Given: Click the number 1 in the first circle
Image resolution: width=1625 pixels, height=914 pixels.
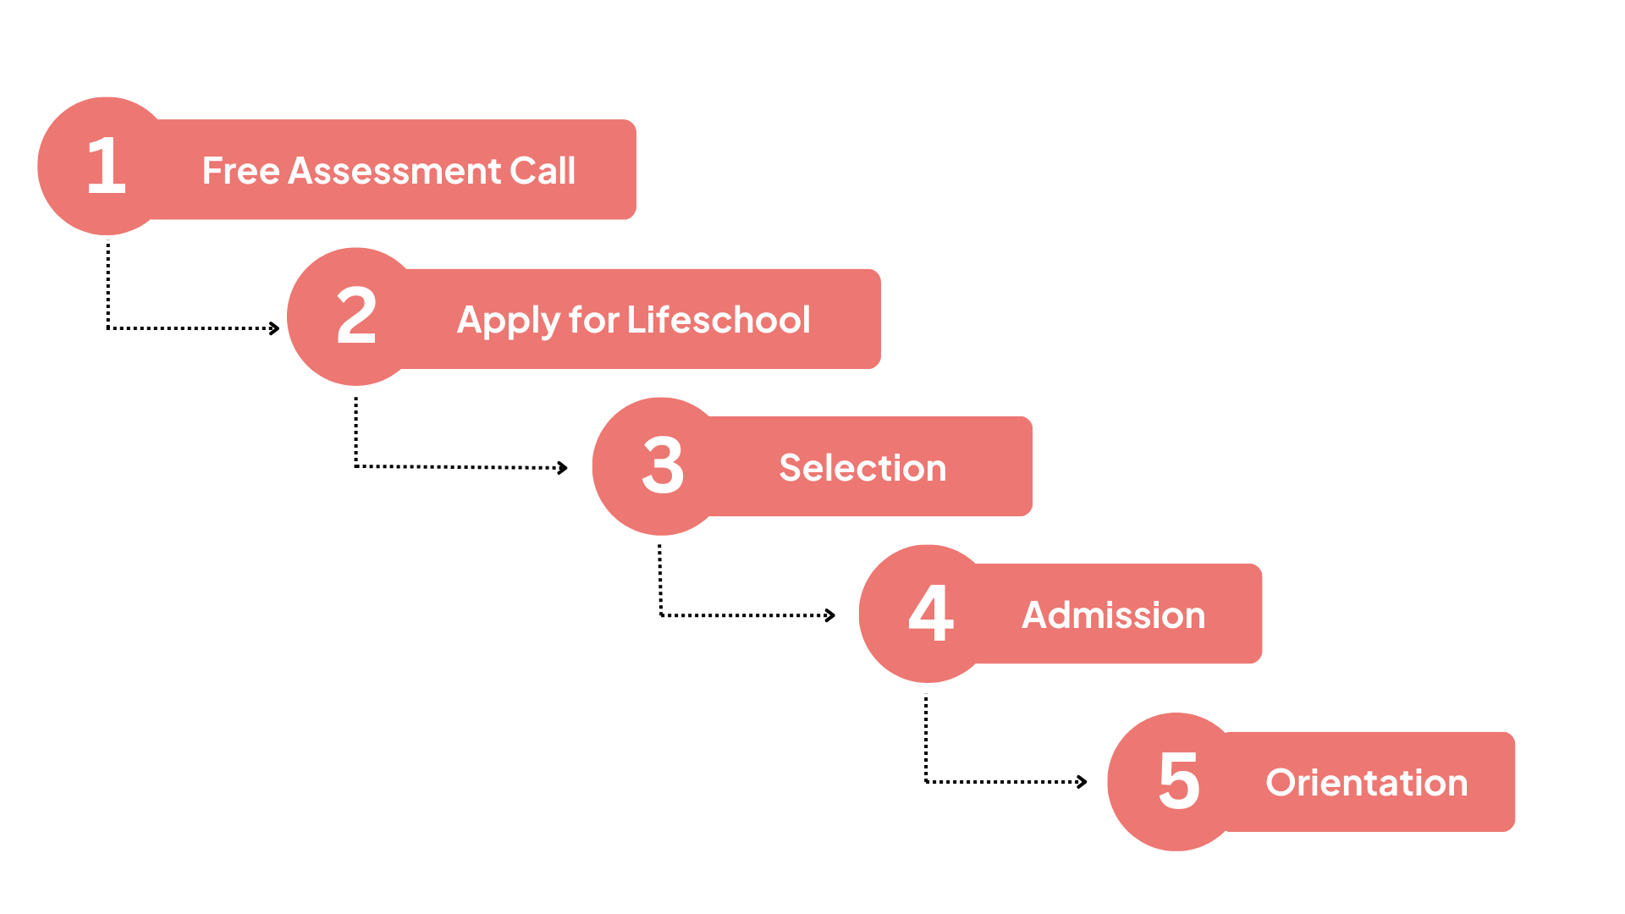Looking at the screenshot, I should (x=107, y=166).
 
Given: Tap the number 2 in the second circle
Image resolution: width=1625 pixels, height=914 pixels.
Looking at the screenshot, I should (x=356, y=316).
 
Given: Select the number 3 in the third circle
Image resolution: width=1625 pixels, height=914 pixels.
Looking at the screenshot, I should (x=663, y=465).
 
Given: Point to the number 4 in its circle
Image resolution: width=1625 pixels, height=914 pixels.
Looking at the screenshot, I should (x=931, y=613).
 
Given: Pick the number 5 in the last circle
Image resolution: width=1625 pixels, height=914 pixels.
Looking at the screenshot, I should (x=1179, y=781).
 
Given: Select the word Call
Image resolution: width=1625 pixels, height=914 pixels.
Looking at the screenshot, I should (x=543, y=171).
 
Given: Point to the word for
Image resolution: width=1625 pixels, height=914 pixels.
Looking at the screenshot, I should (x=594, y=320).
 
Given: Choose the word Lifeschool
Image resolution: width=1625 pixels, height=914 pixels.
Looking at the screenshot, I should (x=719, y=320).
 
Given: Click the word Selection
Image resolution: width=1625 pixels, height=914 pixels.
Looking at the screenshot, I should (x=862, y=468).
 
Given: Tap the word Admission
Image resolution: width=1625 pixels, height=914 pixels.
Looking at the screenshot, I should (x=1114, y=615).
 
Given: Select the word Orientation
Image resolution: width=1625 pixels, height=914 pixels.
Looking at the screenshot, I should (x=1367, y=783).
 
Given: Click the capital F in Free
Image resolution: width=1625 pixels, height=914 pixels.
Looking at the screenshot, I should (x=212, y=171).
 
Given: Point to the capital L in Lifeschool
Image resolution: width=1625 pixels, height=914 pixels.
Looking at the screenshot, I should (x=635, y=320).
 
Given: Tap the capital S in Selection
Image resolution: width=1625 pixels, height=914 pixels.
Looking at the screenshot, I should (x=790, y=468).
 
